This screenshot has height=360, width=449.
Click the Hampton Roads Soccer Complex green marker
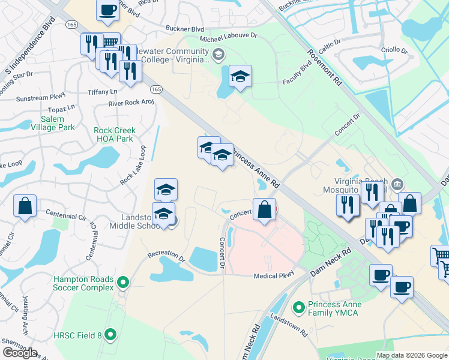pos(124,281)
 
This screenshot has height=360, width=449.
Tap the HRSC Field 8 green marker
pos(110,334)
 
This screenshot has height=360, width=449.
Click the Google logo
pos(20,353)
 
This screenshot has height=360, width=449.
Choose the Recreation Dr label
pos(166,257)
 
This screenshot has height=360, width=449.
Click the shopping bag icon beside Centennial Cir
pos(26,205)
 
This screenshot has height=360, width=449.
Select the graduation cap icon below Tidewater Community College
pos(240,76)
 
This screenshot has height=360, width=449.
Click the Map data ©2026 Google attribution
pos(412,355)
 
